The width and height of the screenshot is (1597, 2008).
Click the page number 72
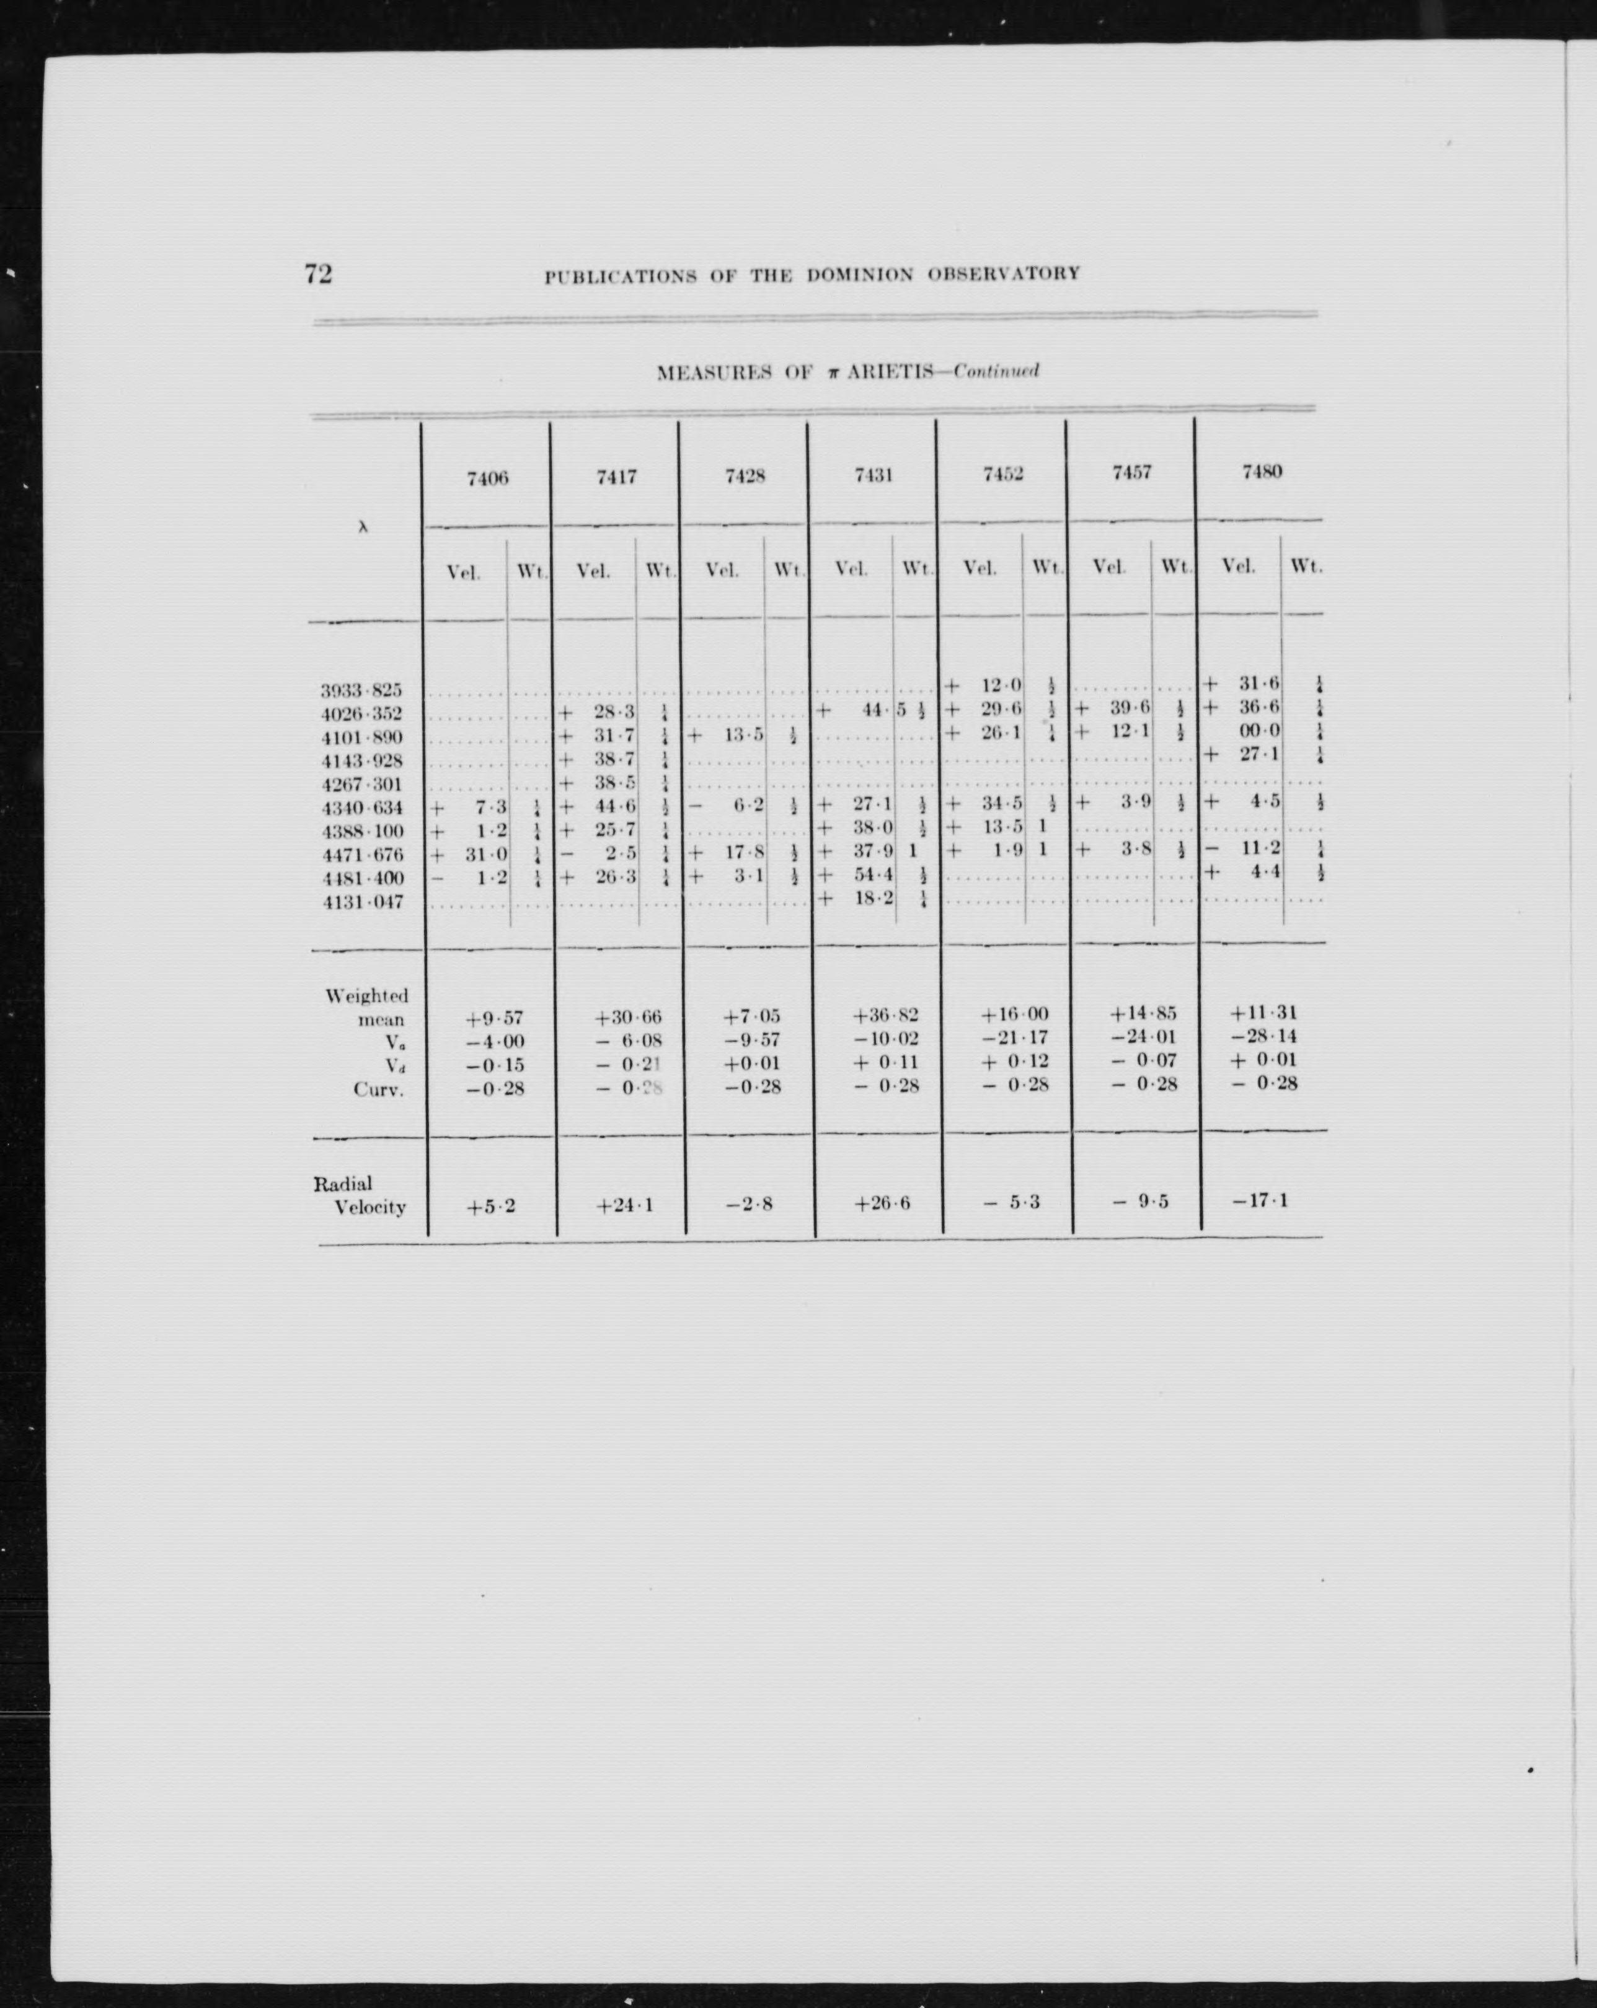point(317,274)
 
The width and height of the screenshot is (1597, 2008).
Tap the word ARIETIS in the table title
point(883,372)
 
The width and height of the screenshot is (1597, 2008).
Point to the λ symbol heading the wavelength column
point(363,526)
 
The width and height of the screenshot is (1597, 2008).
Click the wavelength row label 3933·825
point(361,691)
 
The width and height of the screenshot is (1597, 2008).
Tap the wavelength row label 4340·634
point(361,808)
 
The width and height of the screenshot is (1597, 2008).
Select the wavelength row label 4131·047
point(361,902)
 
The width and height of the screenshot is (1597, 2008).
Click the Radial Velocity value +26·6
point(882,1204)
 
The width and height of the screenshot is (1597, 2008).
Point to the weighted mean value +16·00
point(1015,1015)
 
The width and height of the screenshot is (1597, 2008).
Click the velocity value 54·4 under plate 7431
point(873,876)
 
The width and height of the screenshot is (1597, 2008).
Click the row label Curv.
point(378,1090)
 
